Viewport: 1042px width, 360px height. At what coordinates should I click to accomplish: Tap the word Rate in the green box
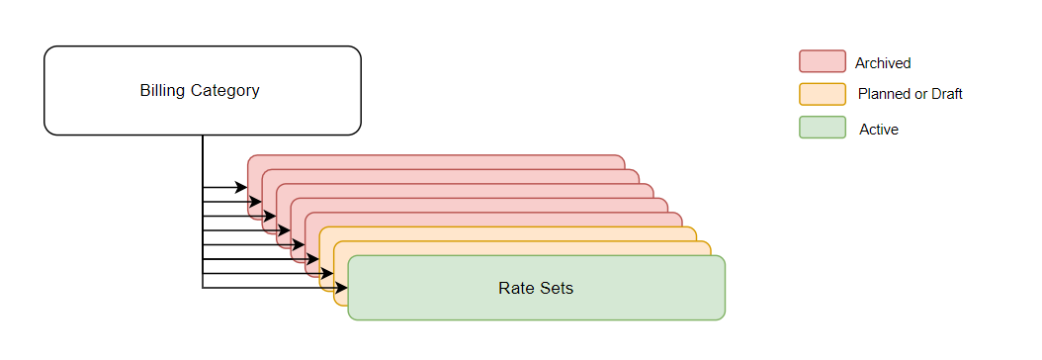pos(514,289)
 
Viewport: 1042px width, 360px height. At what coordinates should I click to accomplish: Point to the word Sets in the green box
pos(557,289)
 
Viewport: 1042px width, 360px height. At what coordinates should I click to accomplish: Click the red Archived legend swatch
pos(822,61)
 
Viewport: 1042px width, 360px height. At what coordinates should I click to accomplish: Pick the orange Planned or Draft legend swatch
pos(822,94)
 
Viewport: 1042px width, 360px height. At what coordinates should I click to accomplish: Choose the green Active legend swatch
pos(822,128)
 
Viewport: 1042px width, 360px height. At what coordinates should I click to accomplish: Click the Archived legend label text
pos(883,63)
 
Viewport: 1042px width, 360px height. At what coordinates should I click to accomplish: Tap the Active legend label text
pos(879,130)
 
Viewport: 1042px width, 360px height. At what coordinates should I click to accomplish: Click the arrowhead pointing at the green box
pos(342,288)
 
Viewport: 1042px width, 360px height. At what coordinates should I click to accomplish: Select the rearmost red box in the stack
pos(435,162)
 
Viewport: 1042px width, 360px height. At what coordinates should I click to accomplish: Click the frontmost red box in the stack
pos(494,220)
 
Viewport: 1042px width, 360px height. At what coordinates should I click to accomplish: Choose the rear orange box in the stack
pos(514,233)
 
